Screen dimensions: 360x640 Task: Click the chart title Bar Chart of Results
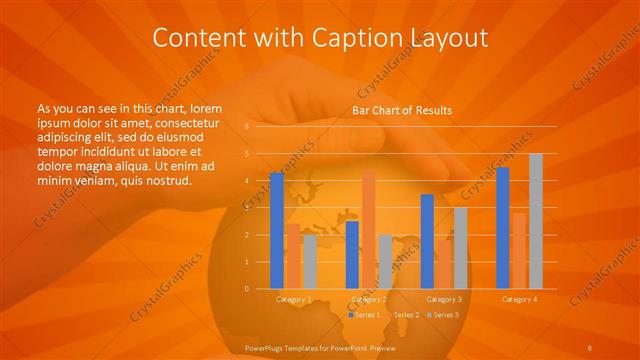(402, 110)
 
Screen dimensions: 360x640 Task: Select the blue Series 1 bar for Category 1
(277, 231)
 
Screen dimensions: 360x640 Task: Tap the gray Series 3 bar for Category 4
(536, 221)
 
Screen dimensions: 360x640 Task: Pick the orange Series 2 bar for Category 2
(368, 229)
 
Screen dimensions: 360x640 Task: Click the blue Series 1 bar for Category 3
(427, 241)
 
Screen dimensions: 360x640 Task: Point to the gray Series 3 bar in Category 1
(310, 261)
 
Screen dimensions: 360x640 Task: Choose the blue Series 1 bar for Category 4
(502, 228)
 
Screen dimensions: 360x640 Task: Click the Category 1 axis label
(293, 299)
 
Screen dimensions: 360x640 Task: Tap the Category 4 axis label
(519, 299)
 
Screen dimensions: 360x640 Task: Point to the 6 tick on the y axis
(246, 127)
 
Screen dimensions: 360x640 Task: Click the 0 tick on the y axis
(246, 288)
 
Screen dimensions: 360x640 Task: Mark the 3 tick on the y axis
(246, 208)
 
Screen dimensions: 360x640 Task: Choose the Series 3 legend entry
(444, 315)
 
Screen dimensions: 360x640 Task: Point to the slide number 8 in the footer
(591, 346)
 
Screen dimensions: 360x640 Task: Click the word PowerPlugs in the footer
(266, 346)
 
